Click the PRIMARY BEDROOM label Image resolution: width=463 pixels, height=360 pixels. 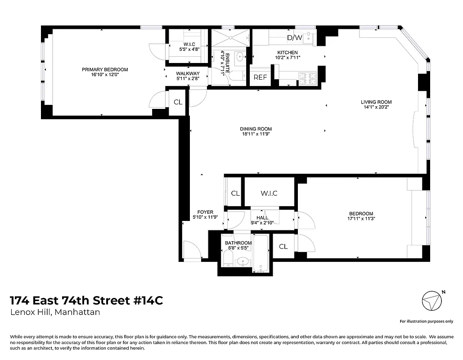point(105,70)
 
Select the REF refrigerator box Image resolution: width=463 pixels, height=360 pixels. point(260,77)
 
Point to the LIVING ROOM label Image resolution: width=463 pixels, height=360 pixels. point(376,102)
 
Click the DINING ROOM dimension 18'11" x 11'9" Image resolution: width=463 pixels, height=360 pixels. point(256,134)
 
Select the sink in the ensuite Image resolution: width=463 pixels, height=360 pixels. point(240,57)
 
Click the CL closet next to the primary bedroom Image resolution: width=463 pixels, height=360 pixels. point(178,102)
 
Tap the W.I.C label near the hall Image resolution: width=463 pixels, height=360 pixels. point(269,193)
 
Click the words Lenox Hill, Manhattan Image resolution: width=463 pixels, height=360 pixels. point(55,312)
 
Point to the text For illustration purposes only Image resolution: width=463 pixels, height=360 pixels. point(426,321)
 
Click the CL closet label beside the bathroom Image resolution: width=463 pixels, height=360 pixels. point(283,247)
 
